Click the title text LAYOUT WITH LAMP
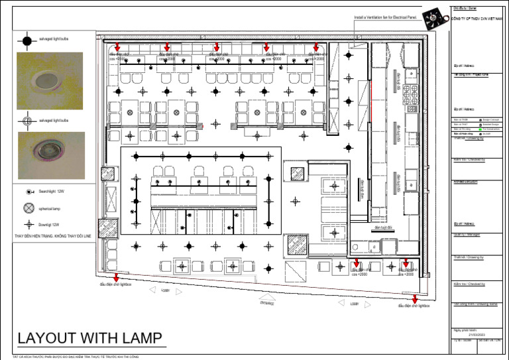(89, 338)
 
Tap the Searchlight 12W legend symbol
(28, 191)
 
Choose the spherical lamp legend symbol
(28, 208)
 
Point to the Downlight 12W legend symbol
(28, 225)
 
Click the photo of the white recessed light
(50, 81)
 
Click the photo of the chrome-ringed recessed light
(50, 154)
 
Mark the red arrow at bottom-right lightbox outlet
(415, 299)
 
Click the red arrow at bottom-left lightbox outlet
(117, 277)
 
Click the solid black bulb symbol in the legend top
(27, 41)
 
